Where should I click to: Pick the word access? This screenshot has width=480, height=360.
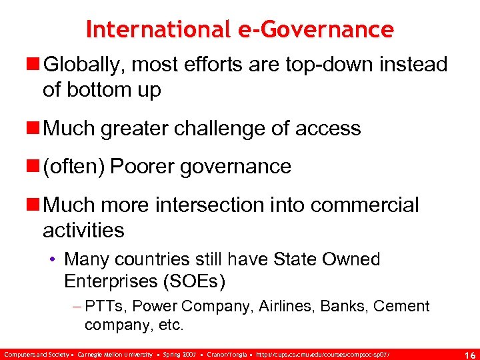pyautogui.click(x=327, y=128)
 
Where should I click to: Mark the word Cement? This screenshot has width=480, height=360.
pyautogui.click(x=401, y=307)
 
